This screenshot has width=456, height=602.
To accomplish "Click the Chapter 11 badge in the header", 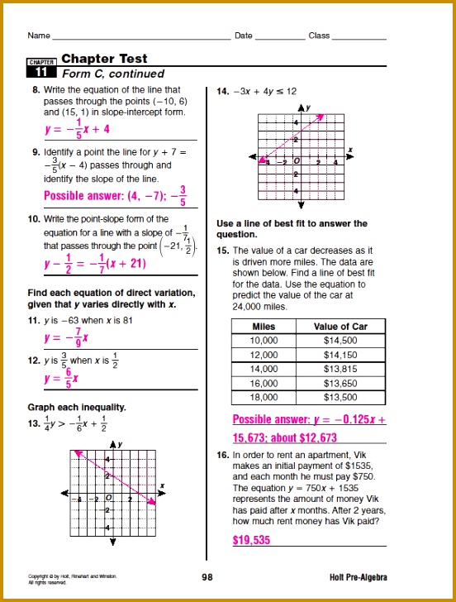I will [40, 67].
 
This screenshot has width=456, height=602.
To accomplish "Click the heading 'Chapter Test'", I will [104, 59].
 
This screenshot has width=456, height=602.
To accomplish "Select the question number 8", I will [36, 89].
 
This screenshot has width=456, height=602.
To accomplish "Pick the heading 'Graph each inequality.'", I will [77, 407].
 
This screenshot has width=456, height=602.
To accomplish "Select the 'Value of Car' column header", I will [340, 327].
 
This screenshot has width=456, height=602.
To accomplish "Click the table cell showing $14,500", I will [340, 341].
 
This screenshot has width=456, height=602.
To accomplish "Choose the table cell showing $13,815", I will [340, 369].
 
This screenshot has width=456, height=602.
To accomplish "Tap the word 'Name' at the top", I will [38, 36].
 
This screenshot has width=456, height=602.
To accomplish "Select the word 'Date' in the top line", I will [243, 36].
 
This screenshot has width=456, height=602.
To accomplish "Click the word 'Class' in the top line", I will [319, 36].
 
